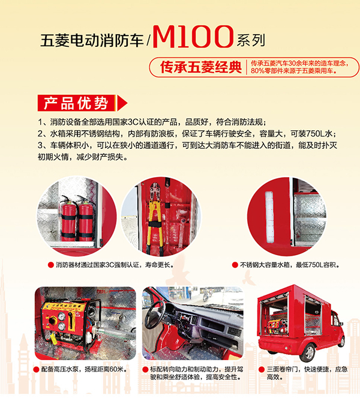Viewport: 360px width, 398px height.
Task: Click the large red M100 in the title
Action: coord(193,36)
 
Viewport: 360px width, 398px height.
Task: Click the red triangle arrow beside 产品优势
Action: coord(122,103)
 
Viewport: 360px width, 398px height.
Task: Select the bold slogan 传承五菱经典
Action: coord(200,67)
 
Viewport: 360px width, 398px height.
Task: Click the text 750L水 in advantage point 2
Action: coord(319,134)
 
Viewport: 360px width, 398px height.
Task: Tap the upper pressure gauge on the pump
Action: coord(62,316)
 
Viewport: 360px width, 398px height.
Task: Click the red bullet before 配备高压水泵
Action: coord(37,369)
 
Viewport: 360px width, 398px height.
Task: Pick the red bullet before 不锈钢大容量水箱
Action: coord(235,265)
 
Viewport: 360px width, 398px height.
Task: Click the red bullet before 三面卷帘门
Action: coord(262,369)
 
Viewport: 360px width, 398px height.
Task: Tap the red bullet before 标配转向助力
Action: coord(145,369)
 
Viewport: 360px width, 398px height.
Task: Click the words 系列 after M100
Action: coord(251,40)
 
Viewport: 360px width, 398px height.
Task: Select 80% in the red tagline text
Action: coord(257,71)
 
